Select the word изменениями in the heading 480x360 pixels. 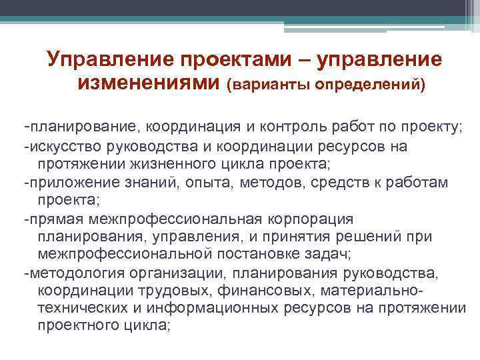point(148,84)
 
